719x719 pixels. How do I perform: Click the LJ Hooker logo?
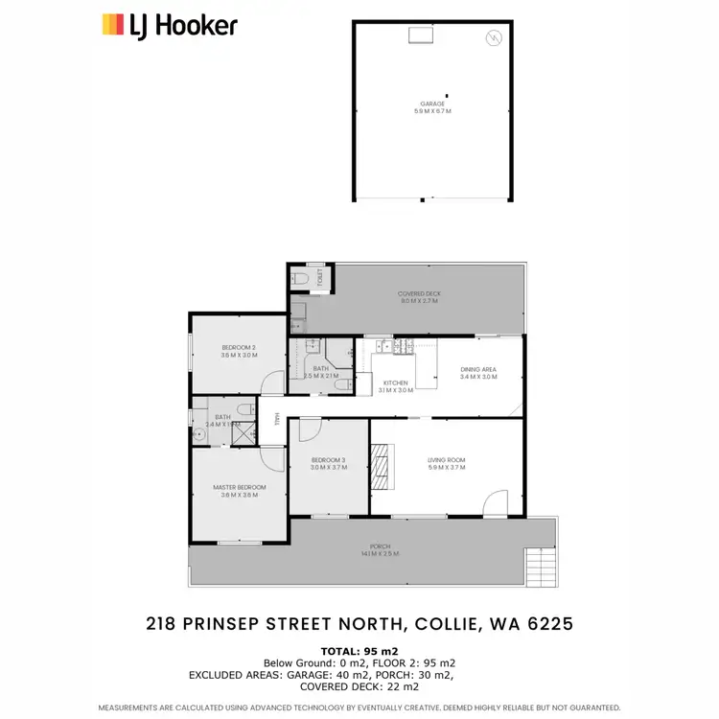pos(170,25)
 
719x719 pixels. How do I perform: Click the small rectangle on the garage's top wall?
pos(422,35)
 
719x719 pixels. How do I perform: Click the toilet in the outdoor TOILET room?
pos(302,278)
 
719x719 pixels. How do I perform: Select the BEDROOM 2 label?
pos(239,351)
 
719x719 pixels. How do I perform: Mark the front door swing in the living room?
pos(495,504)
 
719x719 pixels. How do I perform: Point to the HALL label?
pos(277,419)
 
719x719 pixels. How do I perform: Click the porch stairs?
pos(539,568)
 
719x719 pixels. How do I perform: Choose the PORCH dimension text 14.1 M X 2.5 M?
pos(380,554)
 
